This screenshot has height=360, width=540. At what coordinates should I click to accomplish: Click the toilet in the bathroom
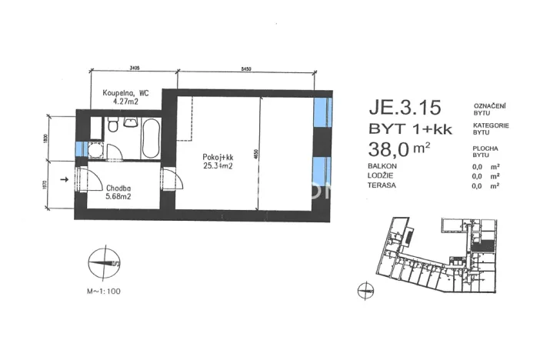[x=113, y=126]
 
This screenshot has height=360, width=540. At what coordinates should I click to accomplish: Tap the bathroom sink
[x=131, y=124]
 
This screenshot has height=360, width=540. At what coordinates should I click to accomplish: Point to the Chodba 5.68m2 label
[x=117, y=191]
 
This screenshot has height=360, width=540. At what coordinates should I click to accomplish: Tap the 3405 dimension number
[x=134, y=68]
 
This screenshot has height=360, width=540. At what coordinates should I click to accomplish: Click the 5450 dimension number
[x=246, y=68]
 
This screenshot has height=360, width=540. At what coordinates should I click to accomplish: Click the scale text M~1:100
[x=103, y=292]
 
